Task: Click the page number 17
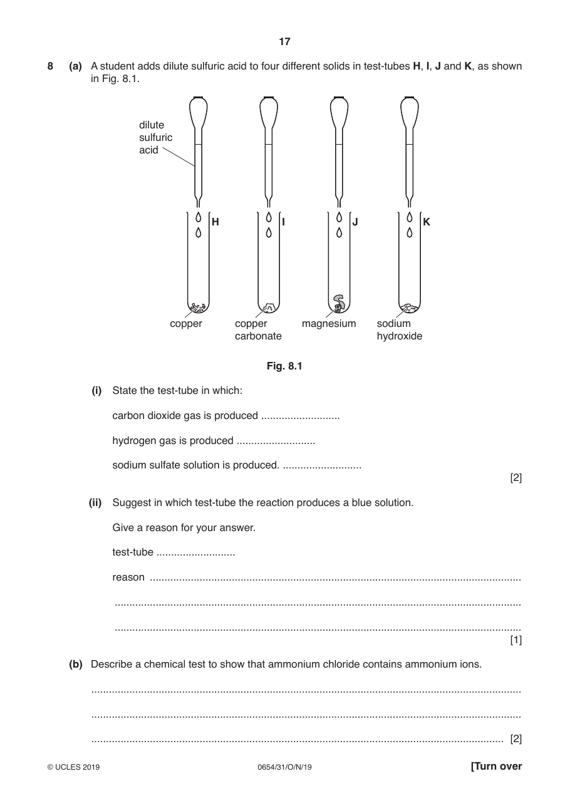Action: pos(284,42)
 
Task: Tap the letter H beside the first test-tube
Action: pos(215,222)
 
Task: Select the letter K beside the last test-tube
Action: pos(427,222)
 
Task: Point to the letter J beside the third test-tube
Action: pos(355,222)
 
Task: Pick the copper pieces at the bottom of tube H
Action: pos(199,307)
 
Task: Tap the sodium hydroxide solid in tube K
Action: pos(409,308)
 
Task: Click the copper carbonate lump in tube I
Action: pos(269,307)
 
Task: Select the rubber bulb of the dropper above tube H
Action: pos(199,113)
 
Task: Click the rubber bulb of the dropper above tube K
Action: pos(410,113)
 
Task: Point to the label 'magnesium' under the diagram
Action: pos(329,324)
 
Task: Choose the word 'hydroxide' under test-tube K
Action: pos(400,336)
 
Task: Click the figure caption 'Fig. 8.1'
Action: pos(284,366)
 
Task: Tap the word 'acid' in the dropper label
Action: pos(148,150)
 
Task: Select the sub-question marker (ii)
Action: pos(95,503)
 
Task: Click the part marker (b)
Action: pos(76,664)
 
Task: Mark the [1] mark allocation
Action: pos(516,640)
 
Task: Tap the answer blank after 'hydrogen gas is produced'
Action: pos(276,443)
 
